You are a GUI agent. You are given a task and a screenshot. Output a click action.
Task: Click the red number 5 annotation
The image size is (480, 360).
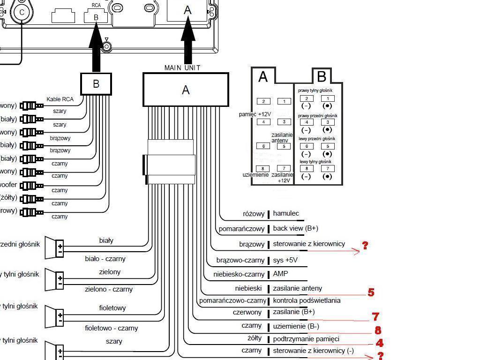click(x=371, y=292)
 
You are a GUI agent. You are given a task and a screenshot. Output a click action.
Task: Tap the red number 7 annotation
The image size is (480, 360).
click(x=375, y=317)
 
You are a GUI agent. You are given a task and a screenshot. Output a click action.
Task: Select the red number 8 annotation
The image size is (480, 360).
click(x=378, y=330)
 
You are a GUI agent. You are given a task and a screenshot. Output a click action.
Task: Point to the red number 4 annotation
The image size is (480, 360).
click(x=379, y=343)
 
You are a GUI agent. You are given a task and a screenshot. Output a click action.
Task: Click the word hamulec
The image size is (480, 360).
click(x=286, y=214)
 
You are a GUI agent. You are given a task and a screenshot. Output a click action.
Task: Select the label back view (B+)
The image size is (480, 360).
click(x=295, y=229)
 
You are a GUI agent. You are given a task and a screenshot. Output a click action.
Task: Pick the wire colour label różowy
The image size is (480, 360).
click(x=254, y=214)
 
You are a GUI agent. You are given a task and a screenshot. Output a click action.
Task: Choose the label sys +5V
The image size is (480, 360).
click(x=285, y=260)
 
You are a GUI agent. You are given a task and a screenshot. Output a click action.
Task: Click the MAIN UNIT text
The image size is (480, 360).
click(x=182, y=68)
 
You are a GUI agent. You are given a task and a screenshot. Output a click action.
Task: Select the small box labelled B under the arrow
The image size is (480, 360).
click(x=96, y=84)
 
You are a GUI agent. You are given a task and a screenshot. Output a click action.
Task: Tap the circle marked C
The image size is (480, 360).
click(x=22, y=13)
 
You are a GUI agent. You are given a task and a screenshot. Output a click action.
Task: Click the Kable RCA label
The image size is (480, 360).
click(x=60, y=99)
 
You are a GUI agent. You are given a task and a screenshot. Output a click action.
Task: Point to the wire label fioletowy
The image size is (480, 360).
click(x=112, y=308)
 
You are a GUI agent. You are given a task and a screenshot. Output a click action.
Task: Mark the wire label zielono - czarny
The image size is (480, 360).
click(x=109, y=289)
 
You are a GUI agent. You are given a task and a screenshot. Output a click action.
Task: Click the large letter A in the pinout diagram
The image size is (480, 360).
click(x=263, y=77)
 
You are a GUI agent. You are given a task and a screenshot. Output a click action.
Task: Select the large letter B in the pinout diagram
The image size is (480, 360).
click(x=322, y=76)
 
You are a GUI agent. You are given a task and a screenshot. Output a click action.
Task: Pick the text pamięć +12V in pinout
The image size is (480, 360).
click(x=255, y=114)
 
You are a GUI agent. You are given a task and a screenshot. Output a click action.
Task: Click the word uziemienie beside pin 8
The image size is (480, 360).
click(x=255, y=175)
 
